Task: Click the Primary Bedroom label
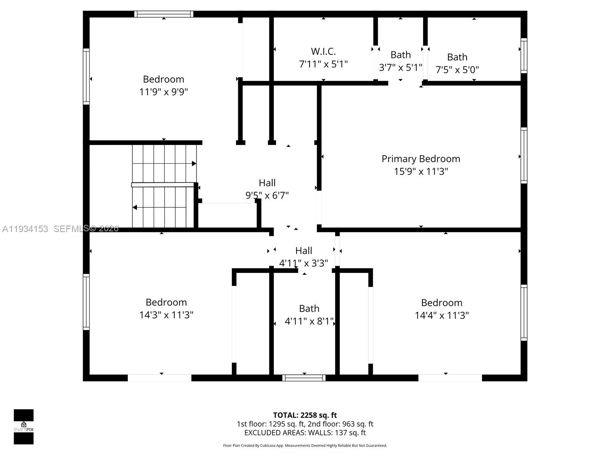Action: pos(421,159)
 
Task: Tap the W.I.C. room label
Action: pos(323,51)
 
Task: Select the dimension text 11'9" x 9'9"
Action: pos(164,92)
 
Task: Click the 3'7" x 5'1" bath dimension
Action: pos(400,68)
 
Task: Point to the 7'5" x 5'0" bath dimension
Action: pos(457,70)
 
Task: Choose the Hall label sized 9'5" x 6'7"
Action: pos(267,183)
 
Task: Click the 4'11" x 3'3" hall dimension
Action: pos(303,263)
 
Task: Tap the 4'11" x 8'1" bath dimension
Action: pos(309,321)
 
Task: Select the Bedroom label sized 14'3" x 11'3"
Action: pos(166,302)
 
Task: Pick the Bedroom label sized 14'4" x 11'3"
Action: pos(441,303)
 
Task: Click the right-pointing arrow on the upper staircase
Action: pos(194,164)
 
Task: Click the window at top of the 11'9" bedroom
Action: pos(164,14)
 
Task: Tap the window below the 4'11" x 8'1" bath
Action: pos(304,378)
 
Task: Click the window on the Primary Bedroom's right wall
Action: pos(524,155)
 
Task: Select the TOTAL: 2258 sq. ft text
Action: pos(305,415)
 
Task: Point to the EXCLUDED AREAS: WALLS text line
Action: pos(305,433)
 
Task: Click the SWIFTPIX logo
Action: pos(24,426)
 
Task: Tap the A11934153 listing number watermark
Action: pos(25,229)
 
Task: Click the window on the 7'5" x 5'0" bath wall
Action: pos(524,56)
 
